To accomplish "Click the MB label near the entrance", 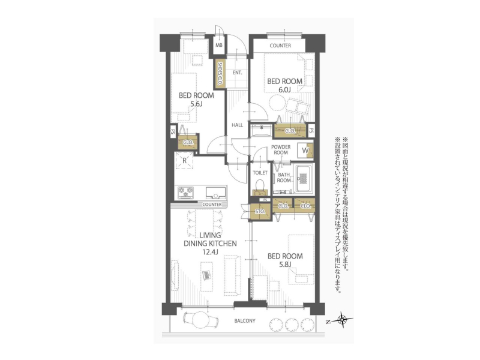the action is coord(219,46).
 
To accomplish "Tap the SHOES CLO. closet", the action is coord(220,74).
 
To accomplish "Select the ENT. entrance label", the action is coord(237,73).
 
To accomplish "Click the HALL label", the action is coord(237,125).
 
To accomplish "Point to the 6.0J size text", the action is coord(284,89).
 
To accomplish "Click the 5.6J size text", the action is coord(196,104).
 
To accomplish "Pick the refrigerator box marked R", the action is coord(184,160).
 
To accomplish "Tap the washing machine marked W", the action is coord(305,151).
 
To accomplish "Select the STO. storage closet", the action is coord(260,212).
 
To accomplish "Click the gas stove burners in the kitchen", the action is coord(186,193).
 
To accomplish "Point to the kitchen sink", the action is coord(215,193).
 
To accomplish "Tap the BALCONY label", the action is coord(245,321).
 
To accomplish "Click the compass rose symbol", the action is coord(341,320).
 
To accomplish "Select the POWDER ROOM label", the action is coord(281,149).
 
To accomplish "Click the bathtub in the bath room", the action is coord(302,179).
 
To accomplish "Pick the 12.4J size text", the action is coord(210,252).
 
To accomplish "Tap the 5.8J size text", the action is coord(284,265).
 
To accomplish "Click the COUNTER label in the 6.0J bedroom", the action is coord(280,46).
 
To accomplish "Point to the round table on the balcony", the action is coord(200,320).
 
